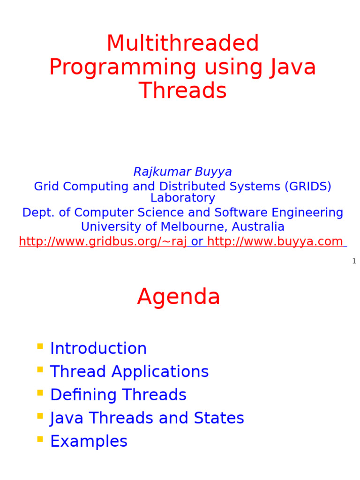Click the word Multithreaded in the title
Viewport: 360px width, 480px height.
[182, 44]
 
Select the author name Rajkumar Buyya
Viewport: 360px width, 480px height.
[182, 172]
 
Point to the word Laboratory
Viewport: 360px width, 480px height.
[182, 198]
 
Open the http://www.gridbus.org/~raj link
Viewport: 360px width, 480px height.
[103, 241]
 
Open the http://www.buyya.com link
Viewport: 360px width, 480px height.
[275, 241]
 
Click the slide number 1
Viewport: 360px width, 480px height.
[354, 261]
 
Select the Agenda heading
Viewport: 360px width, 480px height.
[179, 297]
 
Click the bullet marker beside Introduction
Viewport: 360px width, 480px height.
[40, 347]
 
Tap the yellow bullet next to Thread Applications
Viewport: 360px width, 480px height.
[40, 370]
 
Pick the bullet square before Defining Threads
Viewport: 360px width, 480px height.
[40, 393]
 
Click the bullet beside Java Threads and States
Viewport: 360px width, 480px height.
[40, 416]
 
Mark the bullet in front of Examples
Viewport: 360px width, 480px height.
[40, 439]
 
